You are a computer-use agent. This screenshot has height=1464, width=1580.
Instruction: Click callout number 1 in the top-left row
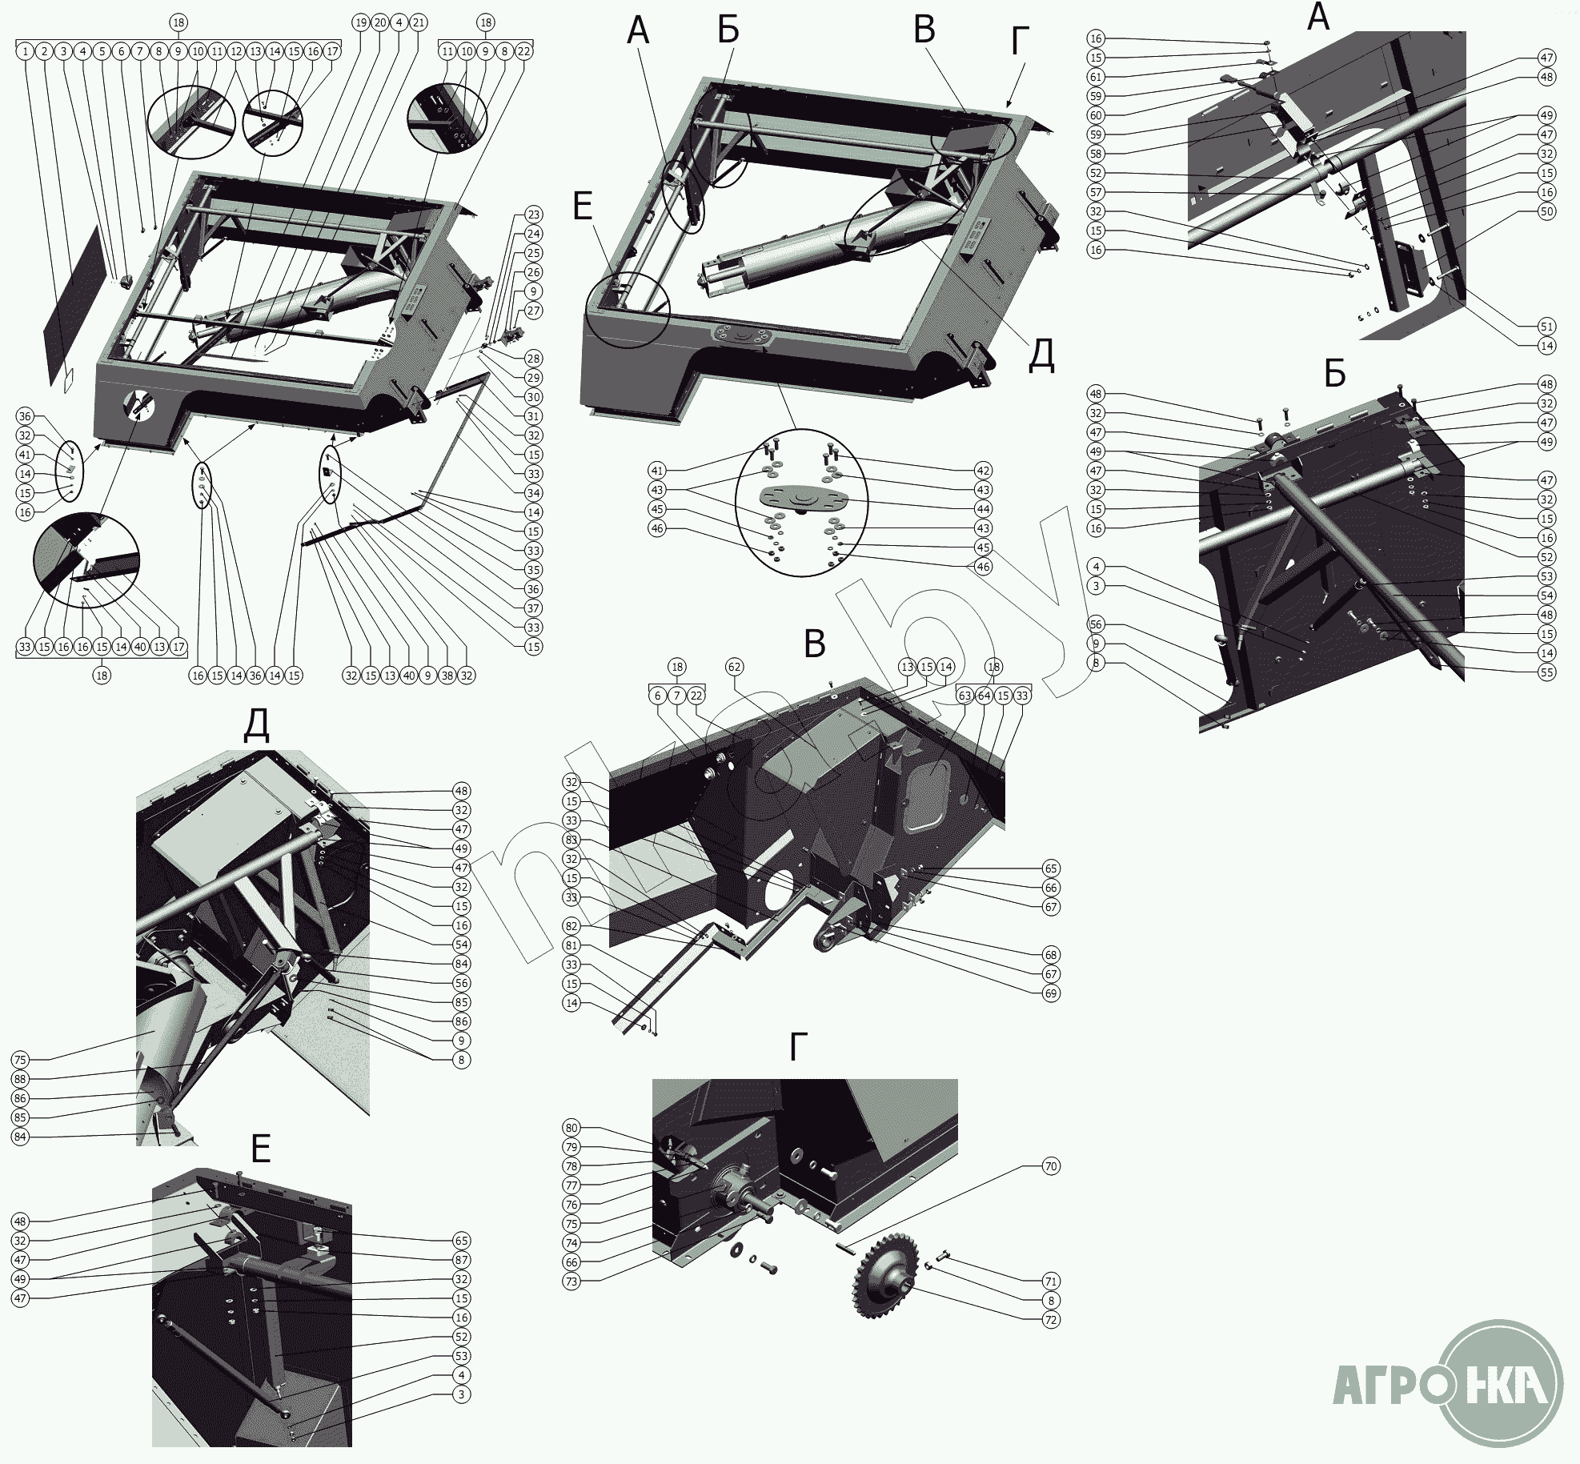pyautogui.click(x=26, y=51)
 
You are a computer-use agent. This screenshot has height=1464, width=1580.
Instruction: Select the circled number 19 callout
pyautogui.click(x=361, y=22)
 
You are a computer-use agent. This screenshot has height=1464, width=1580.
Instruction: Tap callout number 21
pyautogui.click(x=419, y=22)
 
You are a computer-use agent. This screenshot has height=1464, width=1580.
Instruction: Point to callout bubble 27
pyautogui.click(x=534, y=311)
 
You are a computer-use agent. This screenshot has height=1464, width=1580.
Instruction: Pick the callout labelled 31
pyautogui.click(x=534, y=416)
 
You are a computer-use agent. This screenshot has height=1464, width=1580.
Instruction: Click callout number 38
pyautogui.click(x=447, y=676)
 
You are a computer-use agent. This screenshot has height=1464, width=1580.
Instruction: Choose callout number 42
pyautogui.click(x=984, y=471)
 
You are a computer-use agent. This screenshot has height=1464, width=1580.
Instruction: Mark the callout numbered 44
pyautogui.click(x=984, y=509)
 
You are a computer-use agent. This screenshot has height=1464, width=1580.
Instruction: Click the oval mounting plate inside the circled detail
pyautogui.click(x=800, y=499)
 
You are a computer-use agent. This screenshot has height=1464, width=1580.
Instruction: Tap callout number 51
pyautogui.click(x=1547, y=327)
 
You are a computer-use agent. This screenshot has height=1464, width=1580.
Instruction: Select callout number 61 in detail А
pyautogui.click(x=1096, y=77)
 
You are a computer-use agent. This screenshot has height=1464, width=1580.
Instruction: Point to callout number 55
pyautogui.click(x=1547, y=672)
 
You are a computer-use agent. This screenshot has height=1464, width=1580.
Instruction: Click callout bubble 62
pyautogui.click(x=735, y=667)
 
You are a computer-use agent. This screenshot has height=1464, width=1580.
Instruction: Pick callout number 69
pyautogui.click(x=1051, y=993)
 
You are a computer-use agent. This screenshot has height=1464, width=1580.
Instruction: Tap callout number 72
pyautogui.click(x=1051, y=1320)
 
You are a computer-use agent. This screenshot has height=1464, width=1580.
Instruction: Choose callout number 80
pyautogui.click(x=571, y=1128)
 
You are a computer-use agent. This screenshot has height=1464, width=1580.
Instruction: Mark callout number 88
pyautogui.click(x=20, y=1079)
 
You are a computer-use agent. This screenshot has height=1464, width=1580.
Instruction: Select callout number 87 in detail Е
pyautogui.click(x=460, y=1260)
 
